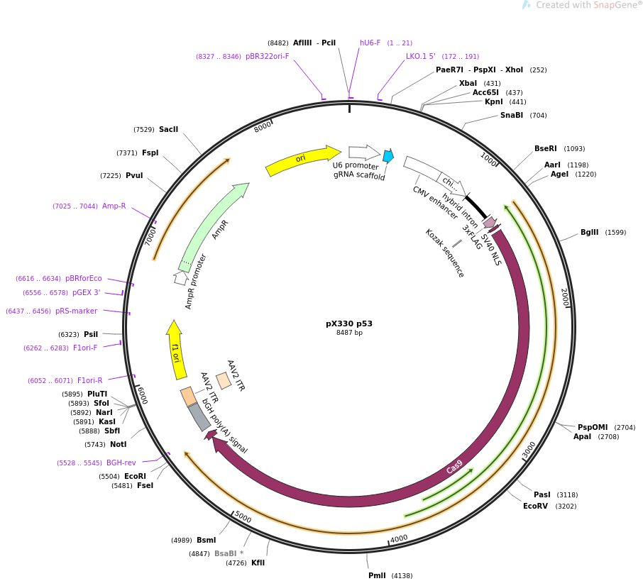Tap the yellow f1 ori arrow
(x=176, y=350)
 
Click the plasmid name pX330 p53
(x=349, y=323)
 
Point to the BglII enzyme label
(x=589, y=232)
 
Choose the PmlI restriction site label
(x=377, y=575)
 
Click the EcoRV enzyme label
(x=535, y=506)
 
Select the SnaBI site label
(x=512, y=115)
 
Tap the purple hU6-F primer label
(x=370, y=43)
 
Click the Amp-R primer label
(x=114, y=206)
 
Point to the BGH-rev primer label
(x=121, y=463)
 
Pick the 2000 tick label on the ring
(x=565, y=297)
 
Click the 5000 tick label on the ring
(x=243, y=517)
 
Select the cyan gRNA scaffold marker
(x=388, y=156)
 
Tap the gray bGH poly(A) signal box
(x=199, y=416)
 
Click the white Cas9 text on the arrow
(x=454, y=467)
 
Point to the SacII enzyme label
(x=168, y=129)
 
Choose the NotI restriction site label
(x=118, y=444)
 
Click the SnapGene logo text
(x=614, y=5)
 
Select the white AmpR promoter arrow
(x=180, y=277)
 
